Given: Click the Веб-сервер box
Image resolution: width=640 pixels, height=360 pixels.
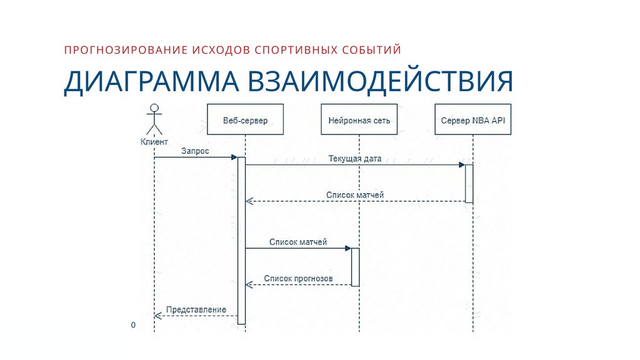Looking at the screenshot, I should coord(245,120).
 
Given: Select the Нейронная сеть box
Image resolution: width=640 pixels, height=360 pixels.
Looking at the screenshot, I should coord(359,120).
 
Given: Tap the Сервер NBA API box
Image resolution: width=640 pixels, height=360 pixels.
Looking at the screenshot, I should coord(473,120).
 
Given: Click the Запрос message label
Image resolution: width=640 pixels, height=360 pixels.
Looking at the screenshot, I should coord(195,151).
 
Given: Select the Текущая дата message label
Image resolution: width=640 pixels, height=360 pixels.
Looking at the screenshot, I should coord(354,159).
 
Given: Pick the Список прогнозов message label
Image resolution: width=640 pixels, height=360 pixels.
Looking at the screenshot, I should coord(298,278).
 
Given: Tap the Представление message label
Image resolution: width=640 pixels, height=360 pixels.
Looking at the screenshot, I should coord(196,309).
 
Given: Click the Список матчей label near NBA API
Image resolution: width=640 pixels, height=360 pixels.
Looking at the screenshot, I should coord(355,195).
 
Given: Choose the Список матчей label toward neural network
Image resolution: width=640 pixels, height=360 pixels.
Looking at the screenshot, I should coord(298,241).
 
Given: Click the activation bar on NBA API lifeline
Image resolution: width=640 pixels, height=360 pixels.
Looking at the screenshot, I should coord(469,183).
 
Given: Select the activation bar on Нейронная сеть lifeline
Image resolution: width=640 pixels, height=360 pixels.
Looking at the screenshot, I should coord(356,267).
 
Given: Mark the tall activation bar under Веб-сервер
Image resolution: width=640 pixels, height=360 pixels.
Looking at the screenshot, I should coord(241,241).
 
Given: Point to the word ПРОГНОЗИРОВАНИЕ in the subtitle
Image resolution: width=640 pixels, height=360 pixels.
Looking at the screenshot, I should coord(117,49).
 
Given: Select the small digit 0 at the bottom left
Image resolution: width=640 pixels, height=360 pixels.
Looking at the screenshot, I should coord(133,326).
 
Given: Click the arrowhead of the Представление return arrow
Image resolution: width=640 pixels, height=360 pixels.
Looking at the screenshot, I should coord(157,316).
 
